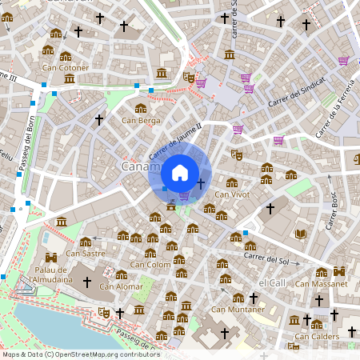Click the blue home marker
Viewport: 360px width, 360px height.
180,172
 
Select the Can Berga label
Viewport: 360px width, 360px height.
141,121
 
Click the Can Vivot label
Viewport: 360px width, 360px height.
232,194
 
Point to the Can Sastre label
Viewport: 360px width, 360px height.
86,254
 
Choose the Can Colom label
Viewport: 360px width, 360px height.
150,264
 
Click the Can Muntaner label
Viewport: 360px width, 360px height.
237,309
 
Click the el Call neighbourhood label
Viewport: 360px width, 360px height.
272,283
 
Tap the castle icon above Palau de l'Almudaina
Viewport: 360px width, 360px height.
52,258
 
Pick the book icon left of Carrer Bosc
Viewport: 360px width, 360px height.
301,234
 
